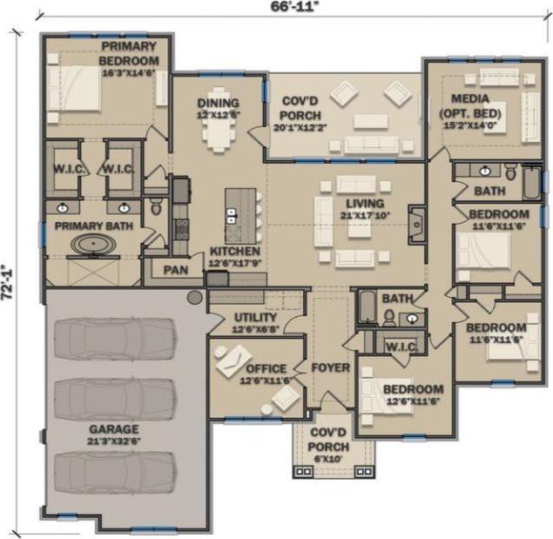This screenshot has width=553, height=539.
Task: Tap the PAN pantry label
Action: point(175,270)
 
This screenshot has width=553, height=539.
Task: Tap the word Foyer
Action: point(330,367)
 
